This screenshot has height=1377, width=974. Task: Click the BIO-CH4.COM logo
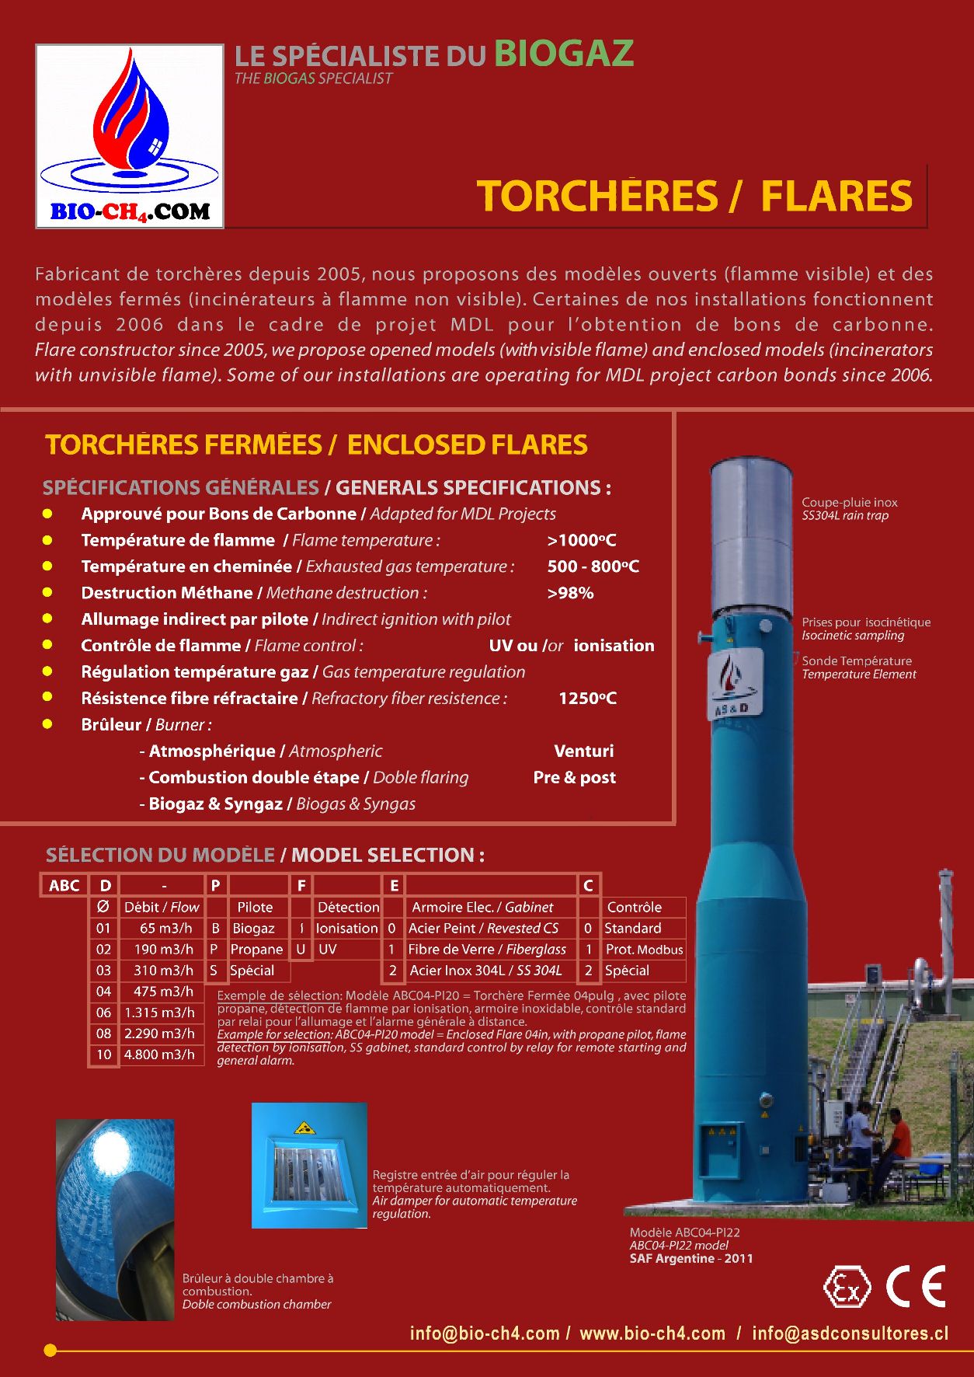click(x=130, y=136)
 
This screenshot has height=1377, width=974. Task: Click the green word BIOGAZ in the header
click(x=564, y=54)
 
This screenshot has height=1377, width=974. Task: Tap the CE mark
click(x=917, y=1286)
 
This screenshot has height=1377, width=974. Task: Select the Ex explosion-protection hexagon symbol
click(x=847, y=1287)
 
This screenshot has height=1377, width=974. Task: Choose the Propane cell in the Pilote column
click(x=256, y=950)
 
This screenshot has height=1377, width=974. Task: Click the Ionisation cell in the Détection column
click(x=346, y=929)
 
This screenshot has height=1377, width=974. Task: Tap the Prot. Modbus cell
click(x=644, y=950)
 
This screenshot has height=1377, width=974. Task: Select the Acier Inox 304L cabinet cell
click(x=485, y=971)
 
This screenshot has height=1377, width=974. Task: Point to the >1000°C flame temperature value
click(x=582, y=540)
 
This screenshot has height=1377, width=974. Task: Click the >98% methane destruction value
click(x=571, y=593)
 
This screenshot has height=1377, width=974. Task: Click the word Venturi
click(x=584, y=751)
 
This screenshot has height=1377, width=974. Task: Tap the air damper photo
click(x=309, y=1166)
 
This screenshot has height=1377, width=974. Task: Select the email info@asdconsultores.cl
click(x=851, y=1333)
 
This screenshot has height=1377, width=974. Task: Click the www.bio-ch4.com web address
click(x=652, y=1333)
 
